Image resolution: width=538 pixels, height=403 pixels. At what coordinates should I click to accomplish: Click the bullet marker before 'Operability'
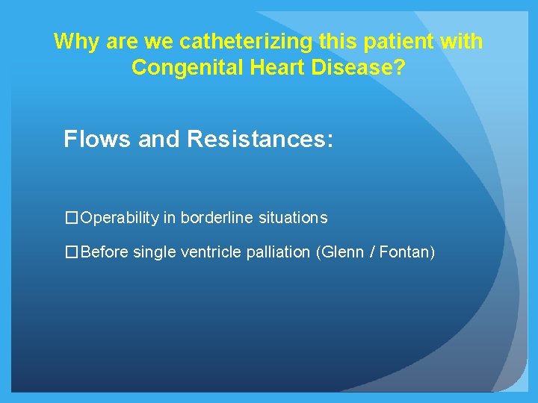(71, 218)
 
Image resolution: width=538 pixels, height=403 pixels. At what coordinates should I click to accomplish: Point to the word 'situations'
(293, 218)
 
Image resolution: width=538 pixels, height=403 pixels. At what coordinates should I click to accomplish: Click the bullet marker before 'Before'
(71, 252)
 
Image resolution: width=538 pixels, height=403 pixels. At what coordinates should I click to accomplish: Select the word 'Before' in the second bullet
(105, 252)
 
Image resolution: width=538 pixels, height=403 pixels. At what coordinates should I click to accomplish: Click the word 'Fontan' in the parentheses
(403, 252)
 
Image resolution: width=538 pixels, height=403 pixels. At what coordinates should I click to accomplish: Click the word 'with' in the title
(462, 41)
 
